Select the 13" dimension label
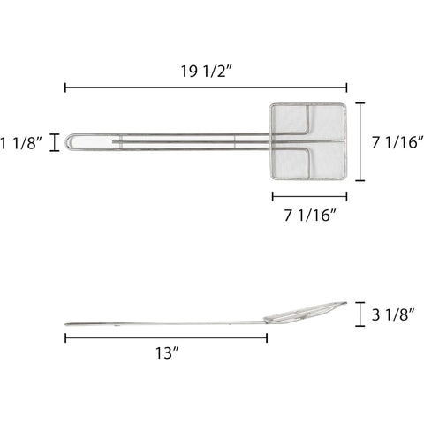(x=165, y=352)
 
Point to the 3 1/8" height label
(x=394, y=313)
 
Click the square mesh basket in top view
(x=308, y=141)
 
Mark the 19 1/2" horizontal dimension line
(x=206, y=87)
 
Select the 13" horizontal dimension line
(x=165, y=336)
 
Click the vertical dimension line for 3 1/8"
(x=360, y=313)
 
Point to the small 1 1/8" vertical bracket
(x=56, y=141)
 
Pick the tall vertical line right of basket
(x=360, y=141)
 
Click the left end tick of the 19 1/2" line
(x=65, y=87)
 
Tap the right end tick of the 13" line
(x=267, y=336)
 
